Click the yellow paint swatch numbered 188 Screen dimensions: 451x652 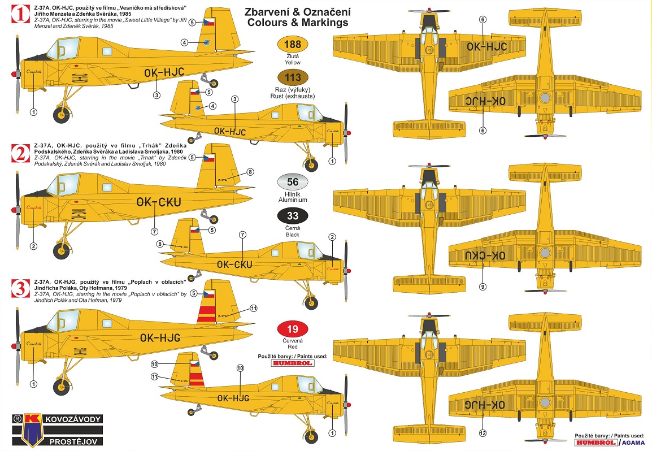[x=293, y=45]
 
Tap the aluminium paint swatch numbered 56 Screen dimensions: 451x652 [x=293, y=182]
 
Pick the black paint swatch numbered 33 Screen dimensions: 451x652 [x=293, y=216]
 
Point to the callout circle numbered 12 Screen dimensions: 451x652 [x=482, y=433]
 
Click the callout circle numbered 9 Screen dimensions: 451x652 [x=482, y=287]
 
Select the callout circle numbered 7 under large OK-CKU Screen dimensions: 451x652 [x=154, y=232]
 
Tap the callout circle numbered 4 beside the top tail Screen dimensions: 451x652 [x=184, y=42]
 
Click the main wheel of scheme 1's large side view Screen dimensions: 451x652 [x=62, y=115]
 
